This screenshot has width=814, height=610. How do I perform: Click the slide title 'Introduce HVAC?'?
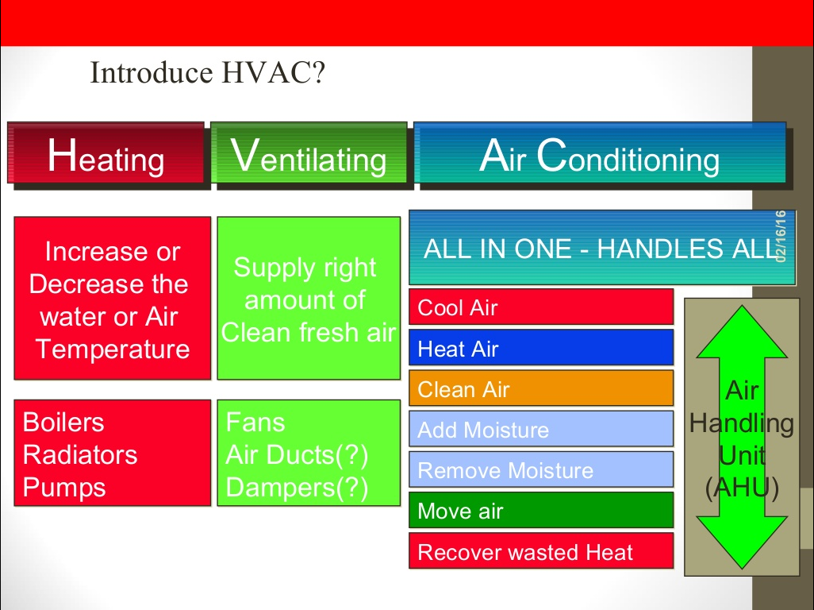pyautogui.click(x=208, y=73)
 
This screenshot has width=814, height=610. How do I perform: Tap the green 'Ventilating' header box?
pyautogui.click(x=309, y=155)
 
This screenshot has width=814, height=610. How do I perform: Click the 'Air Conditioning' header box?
pyautogui.click(x=600, y=156)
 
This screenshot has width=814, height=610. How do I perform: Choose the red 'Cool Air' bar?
pyautogui.click(x=541, y=307)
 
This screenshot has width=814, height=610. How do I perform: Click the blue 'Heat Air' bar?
pyautogui.click(x=541, y=348)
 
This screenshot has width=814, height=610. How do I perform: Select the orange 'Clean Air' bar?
pyautogui.click(x=541, y=388)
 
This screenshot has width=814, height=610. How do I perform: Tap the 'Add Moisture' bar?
pyautogui.click(x=541, y=430)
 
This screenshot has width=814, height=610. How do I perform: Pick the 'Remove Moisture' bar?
pyautogui.click(x=541, y=470)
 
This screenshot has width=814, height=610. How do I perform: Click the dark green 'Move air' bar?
pyautogui.click(x=541, y=511)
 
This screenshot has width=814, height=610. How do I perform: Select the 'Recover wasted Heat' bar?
pyautogui.click(x=541, y=551)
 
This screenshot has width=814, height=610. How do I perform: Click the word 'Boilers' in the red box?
pyautogui.click(x=63, y=422)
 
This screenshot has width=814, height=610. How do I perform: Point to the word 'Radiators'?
pyautogui.click(x=80, y=454)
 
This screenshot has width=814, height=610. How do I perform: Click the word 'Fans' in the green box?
pyautogui.click(x=255, y=422)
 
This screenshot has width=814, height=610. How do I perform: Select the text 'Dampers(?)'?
pyautogui.click(x=298, y=487)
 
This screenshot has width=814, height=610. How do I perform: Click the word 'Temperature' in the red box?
pyautogui.click(x=113, y=349)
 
